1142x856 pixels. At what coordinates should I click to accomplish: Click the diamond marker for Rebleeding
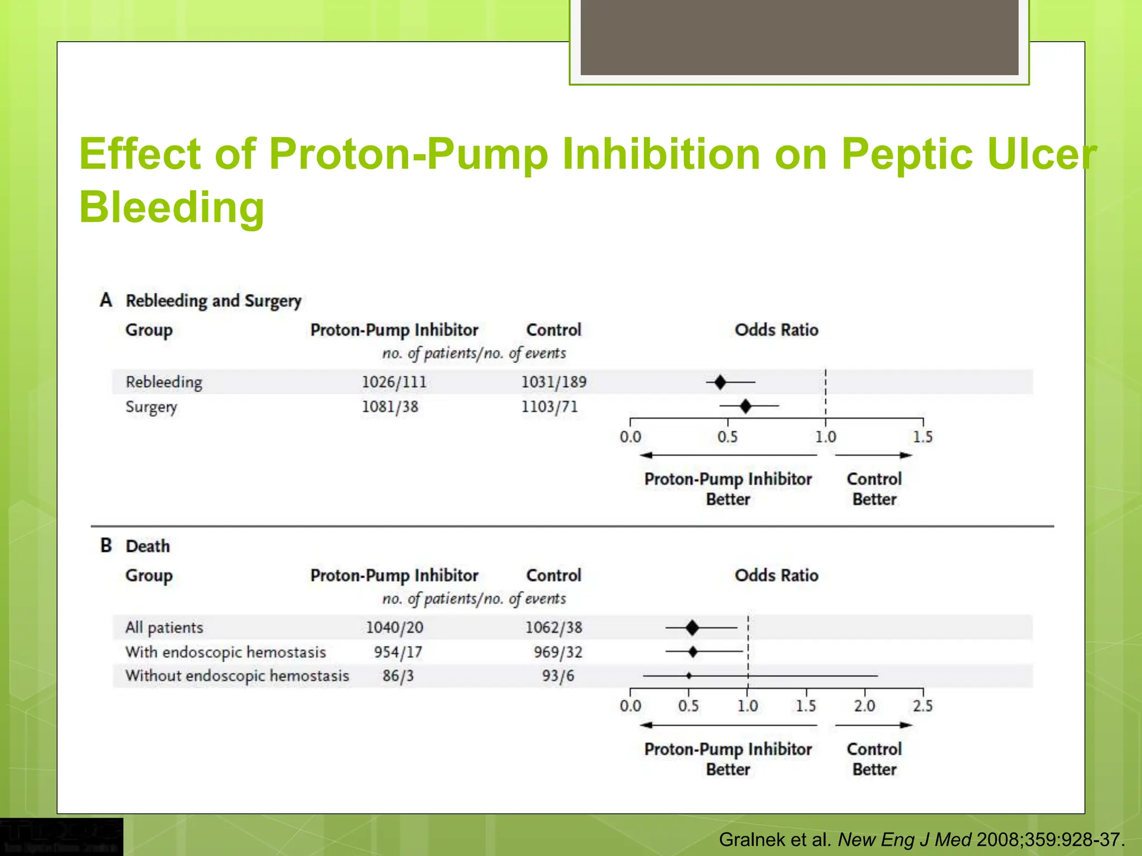coord(720,382)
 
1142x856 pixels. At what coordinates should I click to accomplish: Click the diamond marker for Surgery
coord(746,406)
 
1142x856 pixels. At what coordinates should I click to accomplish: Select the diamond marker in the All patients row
coord(692,628)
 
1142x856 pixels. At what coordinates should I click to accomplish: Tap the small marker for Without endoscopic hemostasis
coord(689,675)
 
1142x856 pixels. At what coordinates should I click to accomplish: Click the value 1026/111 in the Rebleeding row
coord(394,382)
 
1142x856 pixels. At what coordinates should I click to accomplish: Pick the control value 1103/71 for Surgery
coord(549,407)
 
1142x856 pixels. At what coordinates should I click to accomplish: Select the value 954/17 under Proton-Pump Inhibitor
coord(398,652)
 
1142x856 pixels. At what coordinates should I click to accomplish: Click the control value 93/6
coord(558,676)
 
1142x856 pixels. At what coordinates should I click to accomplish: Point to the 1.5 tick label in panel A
coord(922,437)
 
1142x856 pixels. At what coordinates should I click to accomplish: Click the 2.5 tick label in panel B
coord(922,706)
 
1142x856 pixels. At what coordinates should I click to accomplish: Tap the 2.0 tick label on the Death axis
coord(864,706)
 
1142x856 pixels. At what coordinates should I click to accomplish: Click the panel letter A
coord(106,300)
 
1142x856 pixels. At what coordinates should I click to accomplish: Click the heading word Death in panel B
coord(148,546)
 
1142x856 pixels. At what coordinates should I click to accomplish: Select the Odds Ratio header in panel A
coord(776,330)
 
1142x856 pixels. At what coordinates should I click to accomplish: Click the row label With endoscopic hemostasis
coord(225,652)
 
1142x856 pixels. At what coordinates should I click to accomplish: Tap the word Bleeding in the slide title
coord(172,207)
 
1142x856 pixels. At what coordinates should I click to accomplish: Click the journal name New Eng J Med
coord(904,839)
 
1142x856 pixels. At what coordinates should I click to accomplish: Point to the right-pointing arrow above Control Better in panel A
coord(873,455)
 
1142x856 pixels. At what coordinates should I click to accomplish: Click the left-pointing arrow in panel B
coord(728,725)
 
